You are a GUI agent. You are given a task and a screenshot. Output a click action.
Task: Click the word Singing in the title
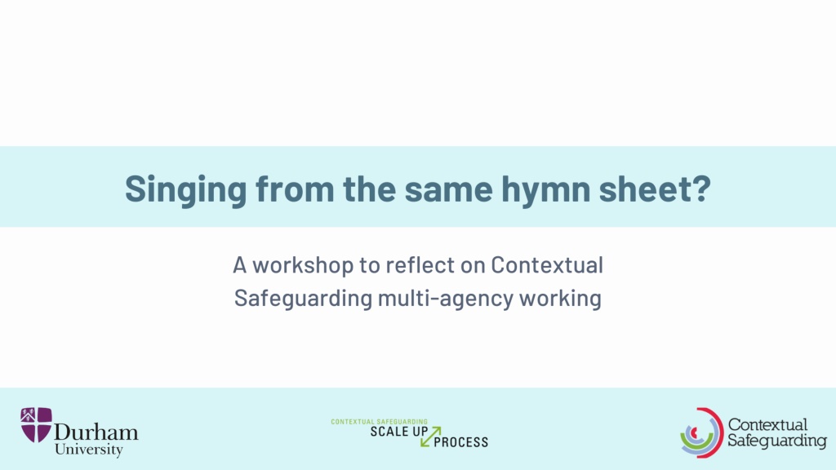point(186,189)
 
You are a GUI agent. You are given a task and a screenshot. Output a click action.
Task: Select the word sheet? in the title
point(656,188)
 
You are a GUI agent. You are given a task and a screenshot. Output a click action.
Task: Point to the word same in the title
point(448,188)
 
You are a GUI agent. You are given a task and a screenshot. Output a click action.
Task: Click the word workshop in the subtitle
point(302,265)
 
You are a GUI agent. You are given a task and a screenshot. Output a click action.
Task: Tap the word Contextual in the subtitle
point(546,265)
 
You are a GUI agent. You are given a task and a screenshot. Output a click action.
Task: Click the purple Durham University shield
point(36,424)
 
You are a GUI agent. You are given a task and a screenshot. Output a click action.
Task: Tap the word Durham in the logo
point(96,432)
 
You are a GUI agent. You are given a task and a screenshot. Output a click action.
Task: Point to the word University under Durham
point(88,450)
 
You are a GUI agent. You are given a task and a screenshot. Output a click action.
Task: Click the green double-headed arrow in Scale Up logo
point(431,437)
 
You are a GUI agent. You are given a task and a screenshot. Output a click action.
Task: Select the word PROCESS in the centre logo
point(461,442)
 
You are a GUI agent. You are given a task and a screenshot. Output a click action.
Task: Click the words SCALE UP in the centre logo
point(398,432)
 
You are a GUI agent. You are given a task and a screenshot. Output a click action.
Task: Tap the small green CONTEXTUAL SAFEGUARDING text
point(379,422)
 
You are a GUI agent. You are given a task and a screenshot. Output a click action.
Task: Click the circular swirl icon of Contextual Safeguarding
point(701,432)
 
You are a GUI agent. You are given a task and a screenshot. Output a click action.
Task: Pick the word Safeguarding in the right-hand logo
point(777,441)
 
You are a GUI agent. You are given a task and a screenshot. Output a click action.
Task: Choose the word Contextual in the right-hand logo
point(767,424)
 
